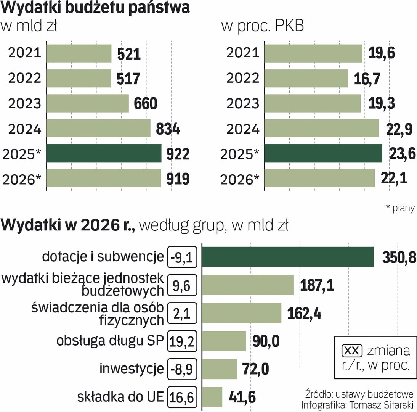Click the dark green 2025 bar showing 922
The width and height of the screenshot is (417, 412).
[x=104, y=153]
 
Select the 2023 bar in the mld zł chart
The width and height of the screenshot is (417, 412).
[x=88, y=103]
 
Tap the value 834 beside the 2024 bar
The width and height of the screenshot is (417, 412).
[x=168, y=129]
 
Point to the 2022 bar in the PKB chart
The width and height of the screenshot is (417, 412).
[x=306, y=79]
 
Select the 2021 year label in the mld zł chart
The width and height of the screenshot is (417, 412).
[x=25, y=53]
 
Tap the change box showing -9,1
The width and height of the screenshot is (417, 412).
[x=182, y=257]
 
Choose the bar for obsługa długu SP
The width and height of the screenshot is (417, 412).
[x=224, y=341]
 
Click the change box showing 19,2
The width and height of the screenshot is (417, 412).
[x=182, y=341]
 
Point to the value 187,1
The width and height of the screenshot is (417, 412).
[x=317, y=285]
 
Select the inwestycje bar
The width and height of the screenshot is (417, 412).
[x=219, y=369]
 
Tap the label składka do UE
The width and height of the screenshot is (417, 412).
[x=121, y=397]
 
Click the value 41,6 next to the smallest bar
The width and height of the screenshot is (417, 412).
[x=242, y=397]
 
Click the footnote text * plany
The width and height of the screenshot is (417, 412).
[x=400, y=208]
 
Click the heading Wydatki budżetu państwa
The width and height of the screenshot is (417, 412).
[x=96, y=8]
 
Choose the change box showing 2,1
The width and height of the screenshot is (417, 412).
[x=182, y=314]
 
